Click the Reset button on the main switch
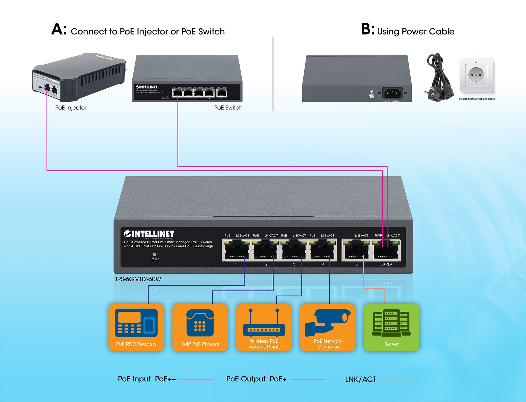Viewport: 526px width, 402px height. point(154,254)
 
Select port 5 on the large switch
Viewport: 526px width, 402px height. point(356,250)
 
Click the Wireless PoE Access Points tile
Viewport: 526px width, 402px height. point(264,327)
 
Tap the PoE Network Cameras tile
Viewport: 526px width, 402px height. point(328,327)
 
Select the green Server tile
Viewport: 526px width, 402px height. point(391,327)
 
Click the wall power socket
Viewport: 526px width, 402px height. point(476,75)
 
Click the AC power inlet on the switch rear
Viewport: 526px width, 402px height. point(392,93)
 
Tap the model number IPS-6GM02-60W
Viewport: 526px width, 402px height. point(138,279)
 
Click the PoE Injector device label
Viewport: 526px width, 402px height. point(71,108)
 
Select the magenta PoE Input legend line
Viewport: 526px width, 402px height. point(196,380)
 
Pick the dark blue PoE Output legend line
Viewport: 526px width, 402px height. point(308,380)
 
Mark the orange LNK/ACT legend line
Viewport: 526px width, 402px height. point(398,380)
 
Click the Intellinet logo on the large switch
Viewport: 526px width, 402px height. point(149,234)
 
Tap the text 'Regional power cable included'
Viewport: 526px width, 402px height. point(477,99)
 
